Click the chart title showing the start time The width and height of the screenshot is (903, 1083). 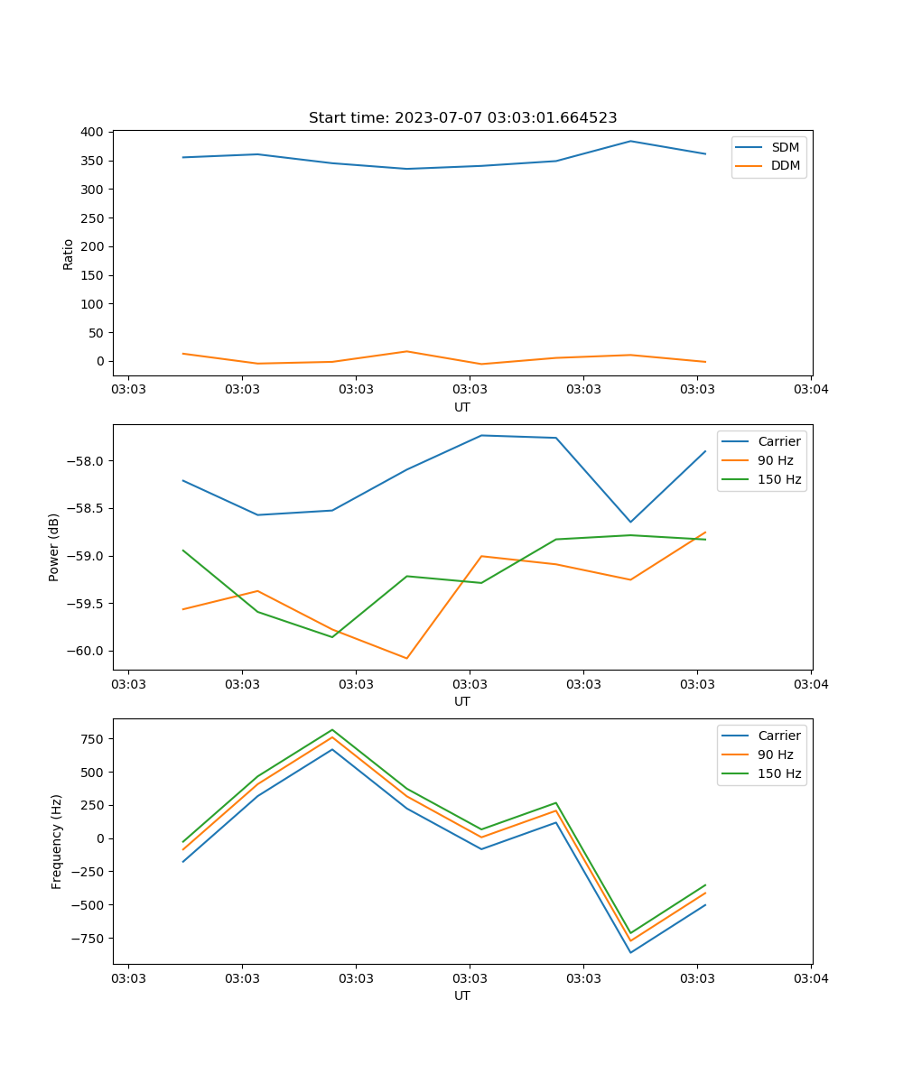[x=462, y=118]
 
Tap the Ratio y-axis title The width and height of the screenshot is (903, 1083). [x=69, y=254]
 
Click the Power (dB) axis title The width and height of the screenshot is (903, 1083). [x=54, y=547]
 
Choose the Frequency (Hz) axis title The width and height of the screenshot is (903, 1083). [x=57, y=841]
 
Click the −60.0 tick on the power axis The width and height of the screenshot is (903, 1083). [x=87, y=651]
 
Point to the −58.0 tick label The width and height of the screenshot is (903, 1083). [x=87, y=461]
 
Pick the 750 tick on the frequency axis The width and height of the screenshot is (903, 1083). [x=92, y=739]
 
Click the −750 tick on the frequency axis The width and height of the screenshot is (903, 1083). [x=88, y=938]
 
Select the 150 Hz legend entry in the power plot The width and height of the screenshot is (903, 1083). [x=779, y=479]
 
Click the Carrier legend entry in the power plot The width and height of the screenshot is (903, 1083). [x=778, y=441]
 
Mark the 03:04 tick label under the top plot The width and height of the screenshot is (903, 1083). [x=810, y=390]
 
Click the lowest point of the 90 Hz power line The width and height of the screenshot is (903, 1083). [x=406, y=658]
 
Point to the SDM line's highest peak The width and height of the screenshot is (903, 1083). [x=630, y=141]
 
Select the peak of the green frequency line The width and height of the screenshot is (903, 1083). [x=332, y=729]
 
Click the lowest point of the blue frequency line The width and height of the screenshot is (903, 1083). [x=630, y=952]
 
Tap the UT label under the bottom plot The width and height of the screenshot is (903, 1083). [x=462, y=995]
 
